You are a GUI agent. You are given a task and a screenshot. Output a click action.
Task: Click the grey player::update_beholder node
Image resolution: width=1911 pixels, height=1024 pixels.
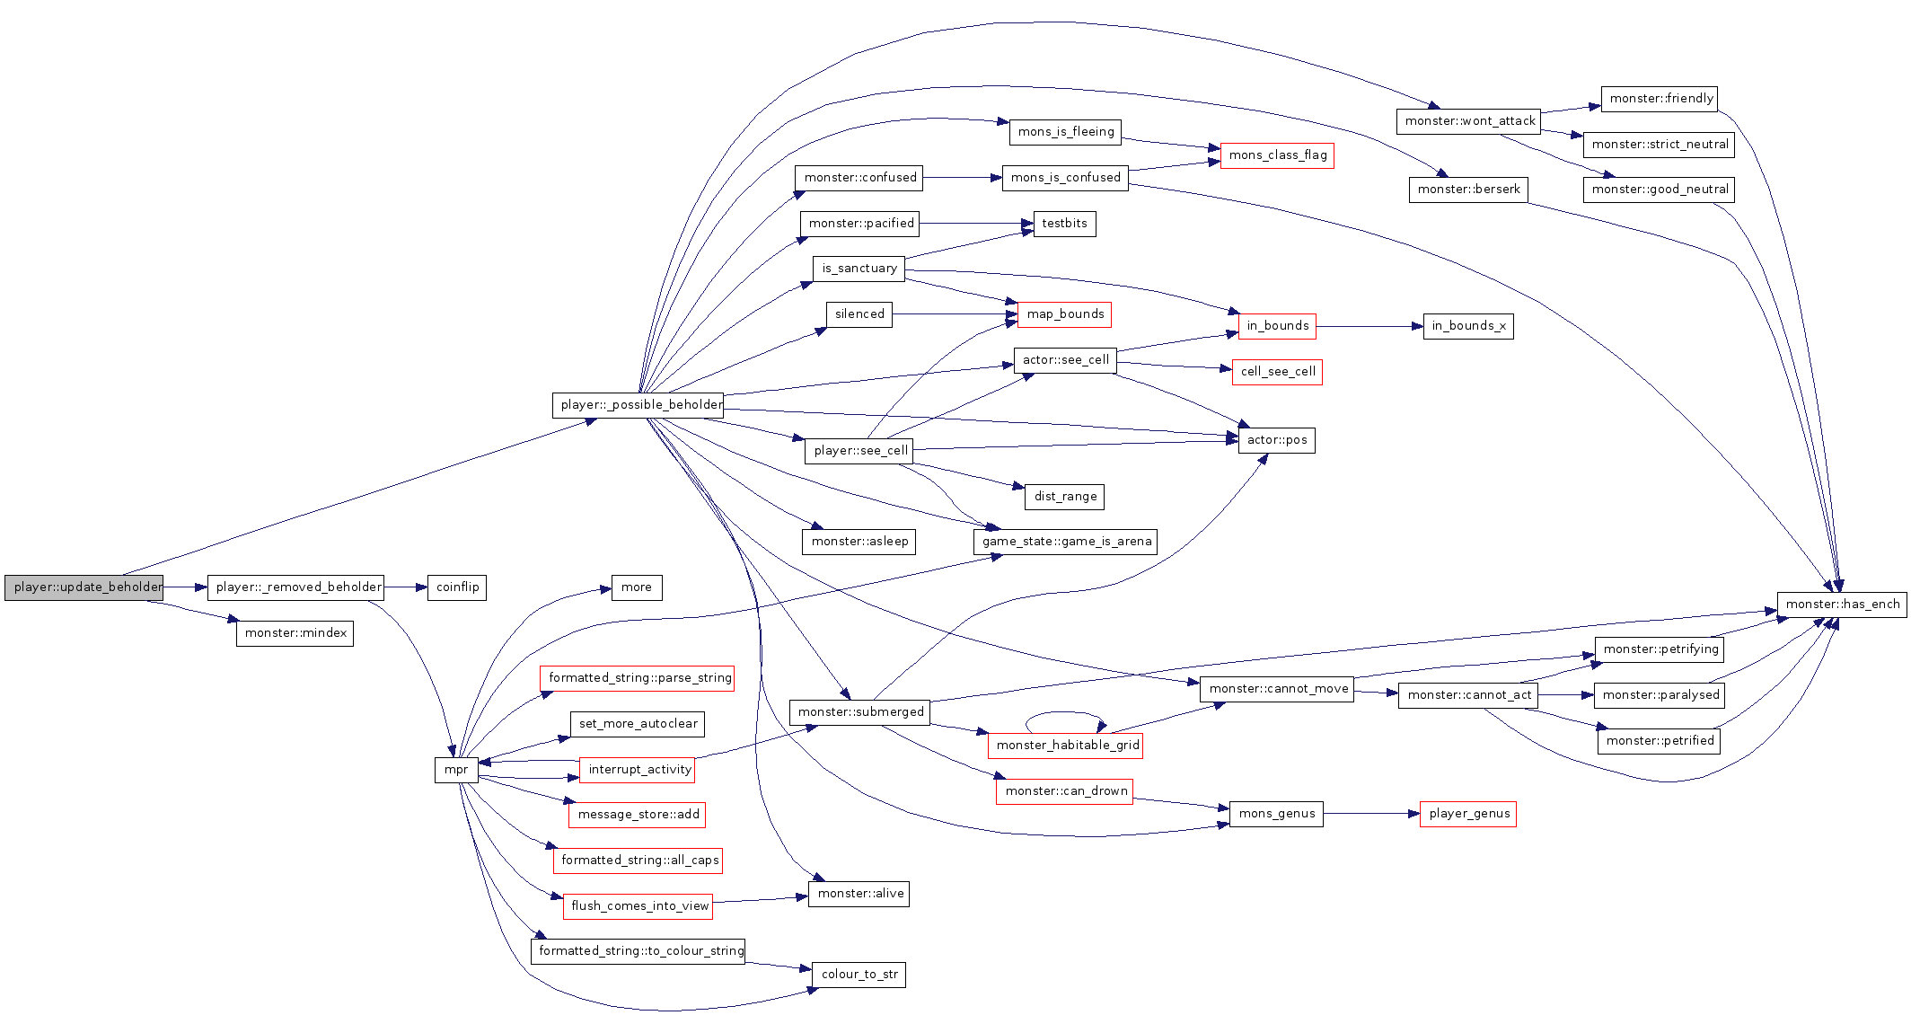(84, 587)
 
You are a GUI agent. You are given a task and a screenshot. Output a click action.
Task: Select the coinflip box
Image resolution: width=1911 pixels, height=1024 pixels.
(456, 587)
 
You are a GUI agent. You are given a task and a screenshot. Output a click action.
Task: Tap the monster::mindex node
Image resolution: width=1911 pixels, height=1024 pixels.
(295, 633)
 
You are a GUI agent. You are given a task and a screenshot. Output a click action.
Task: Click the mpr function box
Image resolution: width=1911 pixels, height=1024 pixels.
(456, 770)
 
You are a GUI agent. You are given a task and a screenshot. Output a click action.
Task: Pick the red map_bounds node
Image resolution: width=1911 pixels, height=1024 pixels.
(1064, 314)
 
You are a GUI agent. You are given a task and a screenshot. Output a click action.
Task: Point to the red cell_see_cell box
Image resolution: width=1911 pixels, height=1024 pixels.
(1277, 372)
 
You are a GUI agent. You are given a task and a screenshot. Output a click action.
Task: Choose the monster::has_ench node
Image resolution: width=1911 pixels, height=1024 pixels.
(1842, 605)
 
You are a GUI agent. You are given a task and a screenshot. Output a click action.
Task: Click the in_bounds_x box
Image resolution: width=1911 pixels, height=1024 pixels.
(1468, 326)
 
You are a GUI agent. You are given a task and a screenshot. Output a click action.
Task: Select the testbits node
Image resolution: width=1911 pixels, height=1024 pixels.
(1064, 224)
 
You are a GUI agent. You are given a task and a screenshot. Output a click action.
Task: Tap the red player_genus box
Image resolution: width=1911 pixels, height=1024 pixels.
(1468, 814)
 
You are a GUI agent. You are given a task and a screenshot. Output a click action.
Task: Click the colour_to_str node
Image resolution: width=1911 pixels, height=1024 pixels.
(859, 975)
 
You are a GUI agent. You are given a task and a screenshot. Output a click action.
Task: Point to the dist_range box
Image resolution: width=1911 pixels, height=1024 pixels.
(1065, 497)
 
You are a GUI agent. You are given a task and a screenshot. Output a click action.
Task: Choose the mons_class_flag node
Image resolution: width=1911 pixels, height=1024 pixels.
(1277, 155)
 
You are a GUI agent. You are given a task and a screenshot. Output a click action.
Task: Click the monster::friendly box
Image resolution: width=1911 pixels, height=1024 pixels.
(1660, 99)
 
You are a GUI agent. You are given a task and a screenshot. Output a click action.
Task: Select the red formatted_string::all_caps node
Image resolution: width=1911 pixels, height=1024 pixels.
(638, 861)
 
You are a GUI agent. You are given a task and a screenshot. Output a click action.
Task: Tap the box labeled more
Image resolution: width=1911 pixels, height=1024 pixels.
(637, 587)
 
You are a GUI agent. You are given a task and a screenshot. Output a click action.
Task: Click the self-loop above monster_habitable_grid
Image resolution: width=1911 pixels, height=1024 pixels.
(1064, 714)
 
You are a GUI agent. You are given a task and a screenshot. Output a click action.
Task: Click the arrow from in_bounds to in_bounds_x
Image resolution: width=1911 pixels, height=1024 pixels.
(1369, 326)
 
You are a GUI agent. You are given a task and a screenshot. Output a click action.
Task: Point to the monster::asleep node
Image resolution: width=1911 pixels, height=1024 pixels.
(859, 542)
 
